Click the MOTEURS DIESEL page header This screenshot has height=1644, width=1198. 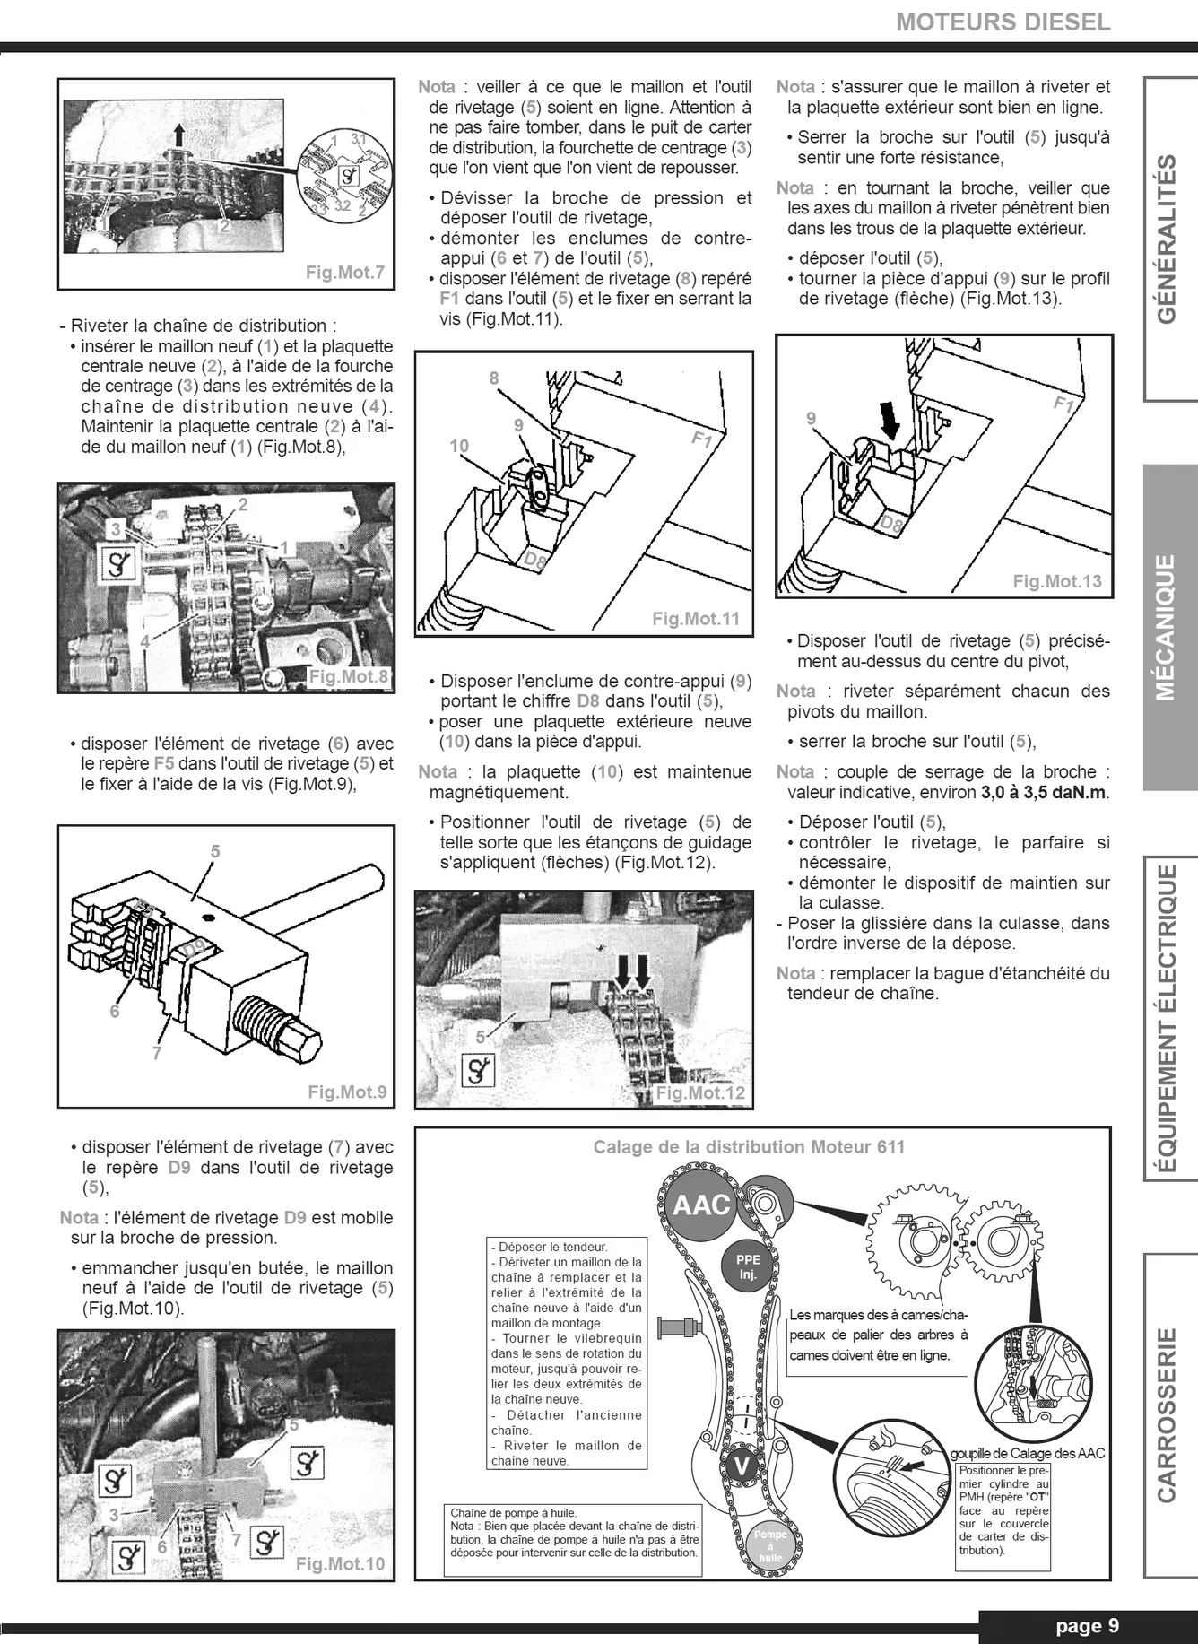point(1003,22)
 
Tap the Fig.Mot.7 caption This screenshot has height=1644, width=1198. point(345,272)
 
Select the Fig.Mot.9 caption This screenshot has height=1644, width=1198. point(347,1092)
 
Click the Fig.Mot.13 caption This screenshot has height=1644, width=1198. point(1057,581)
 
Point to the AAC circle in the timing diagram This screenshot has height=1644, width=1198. point(701,1205)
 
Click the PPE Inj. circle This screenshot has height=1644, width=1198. point(748,1266)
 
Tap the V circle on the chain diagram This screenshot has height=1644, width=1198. point(741,1467)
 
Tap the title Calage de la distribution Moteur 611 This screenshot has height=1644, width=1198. point(749,1147)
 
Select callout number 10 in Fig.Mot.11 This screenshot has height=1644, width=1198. point(459,446)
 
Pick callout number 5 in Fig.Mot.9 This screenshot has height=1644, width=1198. point(214,851)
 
